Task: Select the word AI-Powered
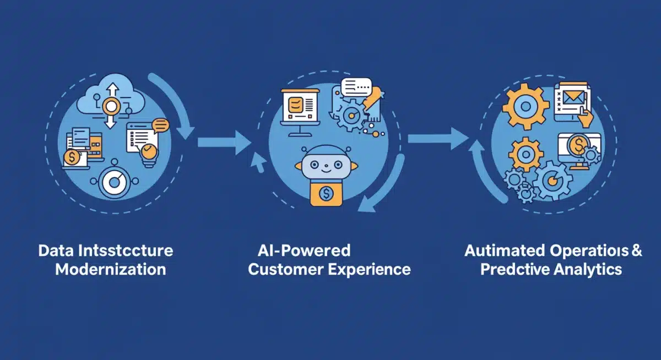(304, 251)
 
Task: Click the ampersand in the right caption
(637, 251)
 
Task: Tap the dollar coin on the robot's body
(322, 194)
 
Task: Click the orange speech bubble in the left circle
(161, 126)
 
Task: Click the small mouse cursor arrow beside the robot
(257, 161)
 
